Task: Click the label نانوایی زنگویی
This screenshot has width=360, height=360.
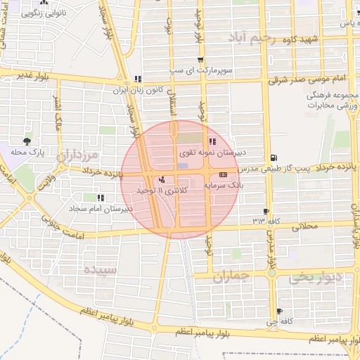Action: (x=62, y=13)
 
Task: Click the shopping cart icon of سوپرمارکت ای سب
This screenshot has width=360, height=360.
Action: (x=201, y=60)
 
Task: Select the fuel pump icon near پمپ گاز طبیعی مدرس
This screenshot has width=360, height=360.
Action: (x=273, y=157)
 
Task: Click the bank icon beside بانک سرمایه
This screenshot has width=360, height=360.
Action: (x=224, y=173)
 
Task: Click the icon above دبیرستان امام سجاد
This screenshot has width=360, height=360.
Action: (x=101, y=198)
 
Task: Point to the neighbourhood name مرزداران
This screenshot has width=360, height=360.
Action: (x=79, y=154)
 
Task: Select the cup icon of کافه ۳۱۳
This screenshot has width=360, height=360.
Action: (x=266, y=211)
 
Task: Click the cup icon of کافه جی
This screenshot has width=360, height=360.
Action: (x=280, y=311)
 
